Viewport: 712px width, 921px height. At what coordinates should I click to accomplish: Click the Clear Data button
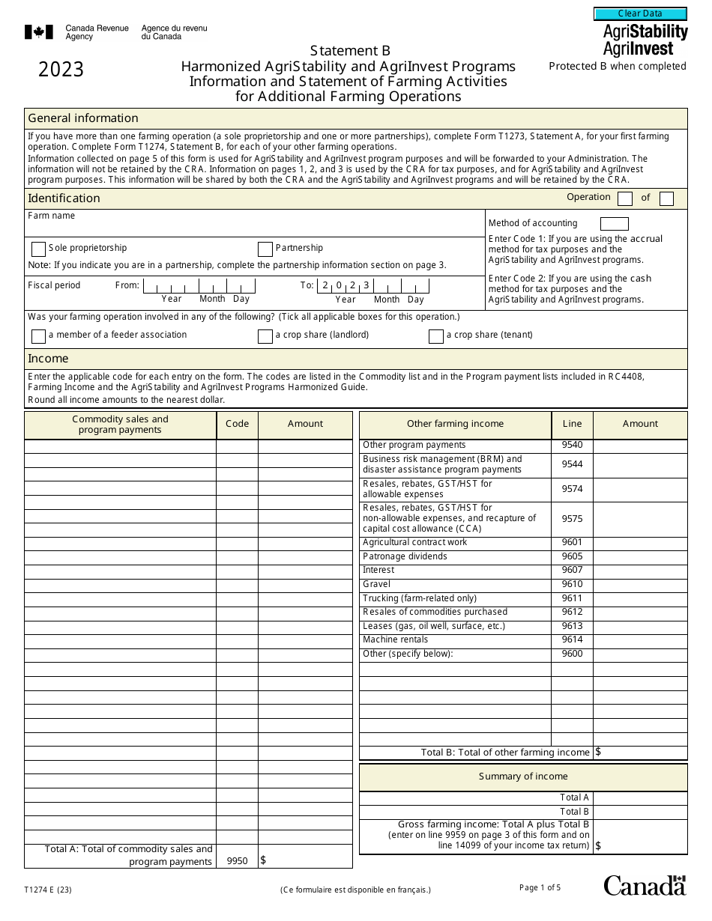pos(640,13)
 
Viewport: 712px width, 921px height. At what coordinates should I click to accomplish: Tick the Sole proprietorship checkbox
pos(38,249)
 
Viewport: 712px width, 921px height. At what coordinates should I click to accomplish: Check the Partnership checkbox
pos(265,249)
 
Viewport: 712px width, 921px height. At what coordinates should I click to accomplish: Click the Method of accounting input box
pos(614,223)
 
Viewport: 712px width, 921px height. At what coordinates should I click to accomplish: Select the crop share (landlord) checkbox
pos(265,336)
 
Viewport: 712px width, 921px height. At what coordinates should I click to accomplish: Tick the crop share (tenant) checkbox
pos(435,336)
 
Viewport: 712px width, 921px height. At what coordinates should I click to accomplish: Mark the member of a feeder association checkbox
pos(38,336)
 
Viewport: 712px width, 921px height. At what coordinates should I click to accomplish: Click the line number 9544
pos(572,464)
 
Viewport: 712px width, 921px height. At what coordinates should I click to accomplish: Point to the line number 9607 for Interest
pos(572,571)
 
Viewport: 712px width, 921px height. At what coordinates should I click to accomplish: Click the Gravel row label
pos(377,584)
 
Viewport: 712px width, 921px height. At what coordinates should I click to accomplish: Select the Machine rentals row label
pos(395,639)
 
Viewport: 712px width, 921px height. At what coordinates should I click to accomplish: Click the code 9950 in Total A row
pos(237,862)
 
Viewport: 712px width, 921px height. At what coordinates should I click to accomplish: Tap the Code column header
pos(237,424)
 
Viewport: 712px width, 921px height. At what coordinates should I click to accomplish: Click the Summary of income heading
pos(523,776)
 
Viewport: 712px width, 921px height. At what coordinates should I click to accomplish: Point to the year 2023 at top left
pos(61,70)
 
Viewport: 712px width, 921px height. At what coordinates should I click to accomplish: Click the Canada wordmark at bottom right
pos(645,885)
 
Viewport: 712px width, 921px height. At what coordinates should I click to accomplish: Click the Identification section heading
pos(64,198)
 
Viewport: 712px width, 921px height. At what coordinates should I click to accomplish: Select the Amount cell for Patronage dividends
pos(640,556)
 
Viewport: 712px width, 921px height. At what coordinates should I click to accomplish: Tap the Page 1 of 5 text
pos(540,887)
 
